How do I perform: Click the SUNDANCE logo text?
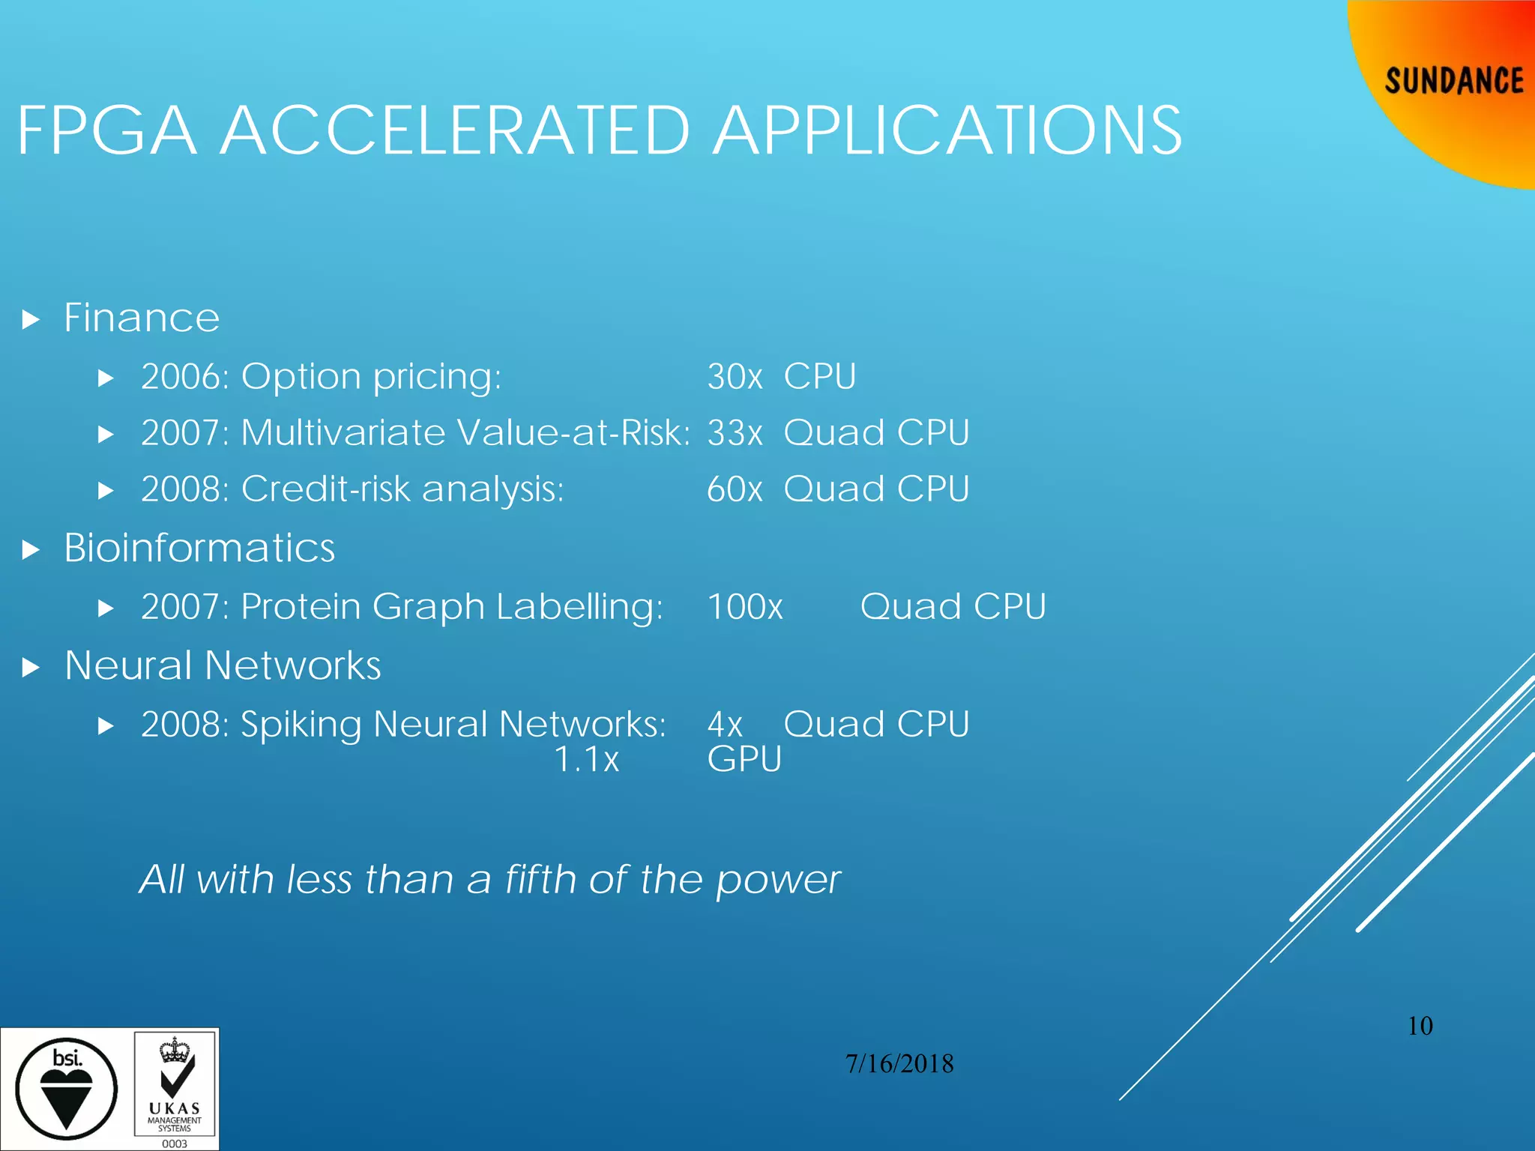coord(1453,81)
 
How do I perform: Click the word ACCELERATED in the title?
coord(454,131)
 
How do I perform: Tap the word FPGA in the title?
coord(107,131)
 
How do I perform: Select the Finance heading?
coord(142,318)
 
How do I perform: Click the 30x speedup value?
coord(735,376)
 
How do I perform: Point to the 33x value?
coord(735,433)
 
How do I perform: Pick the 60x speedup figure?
coord(735,489)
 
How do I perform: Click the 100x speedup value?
coord(745,606)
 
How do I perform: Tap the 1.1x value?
coord(587,760)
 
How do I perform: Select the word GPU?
coord(744,760)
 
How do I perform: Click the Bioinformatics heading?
coord(199,548)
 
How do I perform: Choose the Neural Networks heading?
coord(223,665)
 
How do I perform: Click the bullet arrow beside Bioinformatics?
coord(31,551)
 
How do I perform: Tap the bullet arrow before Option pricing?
coord(106,378)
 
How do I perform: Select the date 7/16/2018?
coord(899,1063)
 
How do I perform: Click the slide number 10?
coord(1420,1026)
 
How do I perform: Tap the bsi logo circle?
coord(67,1089)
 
